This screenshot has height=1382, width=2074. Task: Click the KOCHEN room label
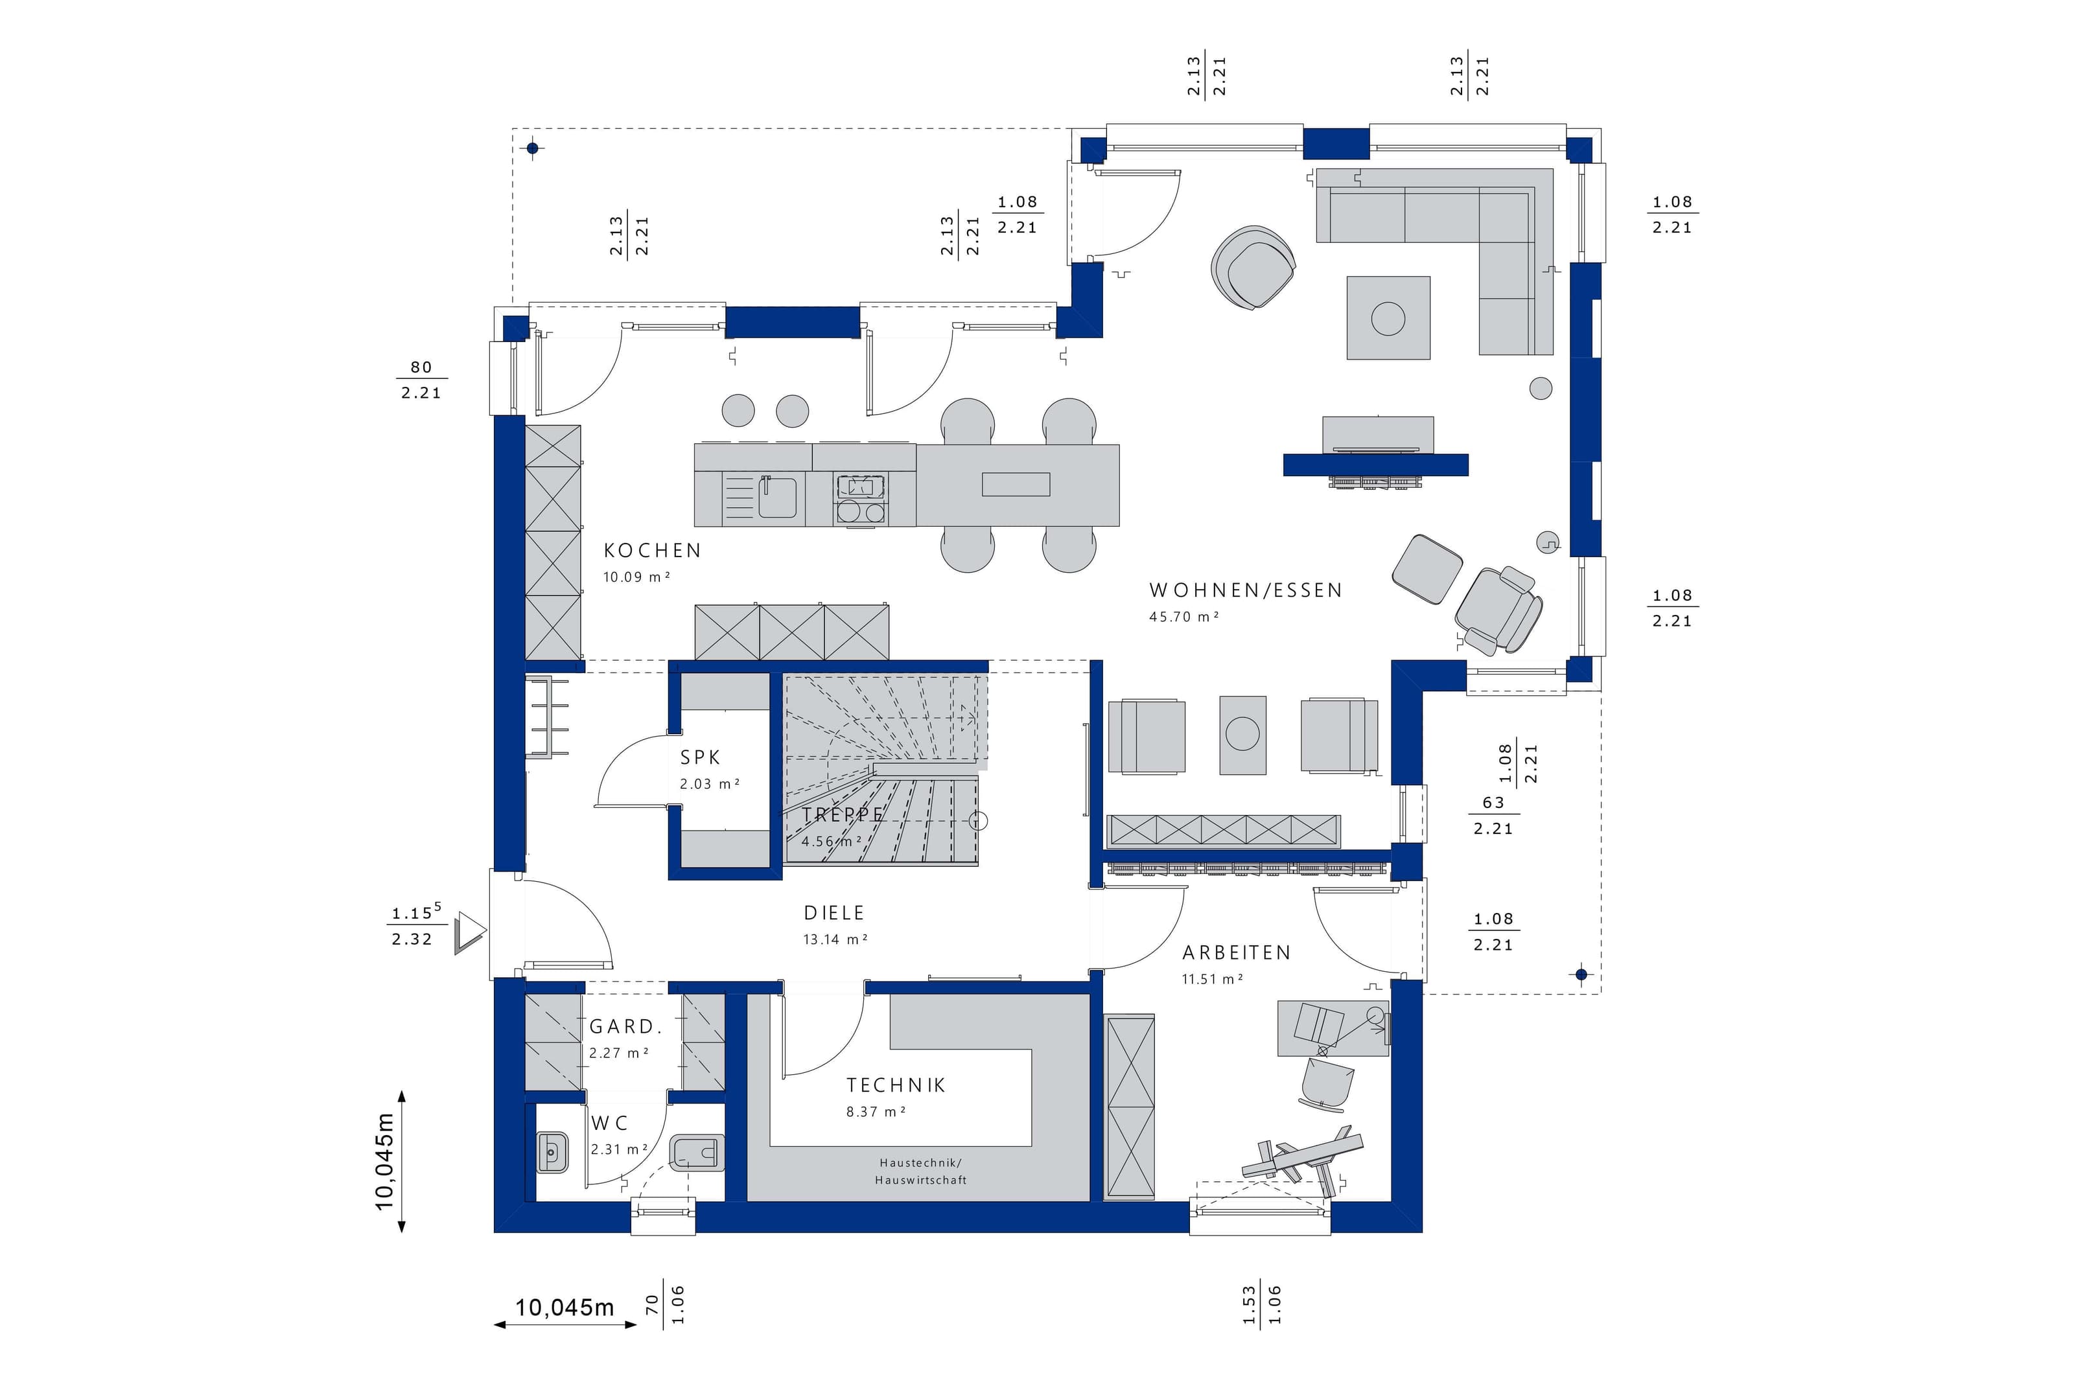[x=652, y=551]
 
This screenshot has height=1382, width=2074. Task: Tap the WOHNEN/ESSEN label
[x=1246, y=590]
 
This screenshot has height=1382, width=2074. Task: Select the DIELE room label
[x=834, y=913]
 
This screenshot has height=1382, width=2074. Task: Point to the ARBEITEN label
[x=1236, y=953]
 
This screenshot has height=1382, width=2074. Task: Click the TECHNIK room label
[x=896, y=1086]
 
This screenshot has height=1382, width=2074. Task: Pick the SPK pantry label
[x=700, y=757]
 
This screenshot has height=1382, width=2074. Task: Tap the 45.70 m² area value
[x=1183, y=617]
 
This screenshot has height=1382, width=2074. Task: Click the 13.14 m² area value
[x=835, y=939]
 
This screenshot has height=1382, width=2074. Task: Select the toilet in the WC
[x=697, y=1153]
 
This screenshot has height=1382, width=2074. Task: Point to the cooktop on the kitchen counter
[x=860, y=500]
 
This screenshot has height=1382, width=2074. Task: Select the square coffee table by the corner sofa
[x=1388, y=318]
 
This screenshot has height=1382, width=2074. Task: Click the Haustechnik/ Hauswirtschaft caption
[x=920, y=1171]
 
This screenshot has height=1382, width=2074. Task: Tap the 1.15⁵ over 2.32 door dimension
[x=414, y=925]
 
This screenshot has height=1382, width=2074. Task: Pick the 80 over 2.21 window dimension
[x=421, y=380]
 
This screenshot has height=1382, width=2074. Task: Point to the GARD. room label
[x=625, y=1027]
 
